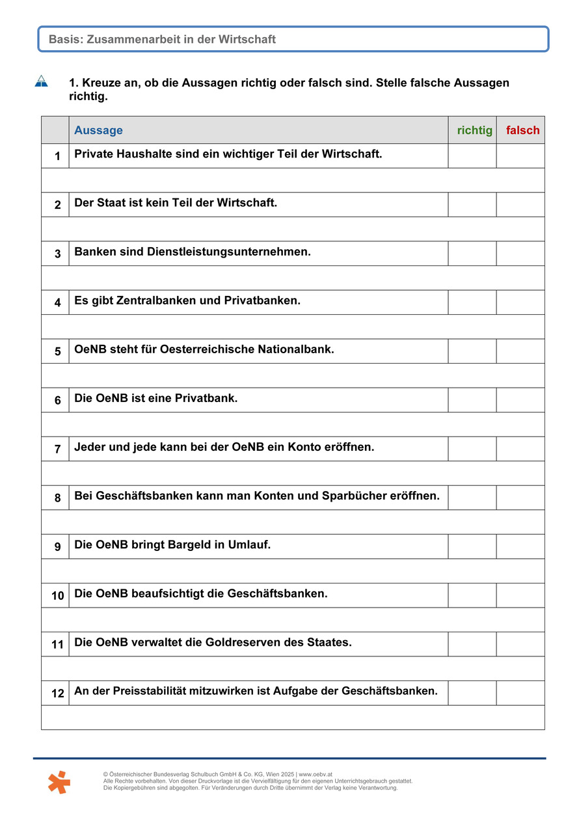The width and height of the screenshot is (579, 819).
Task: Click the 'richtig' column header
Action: point(474,130)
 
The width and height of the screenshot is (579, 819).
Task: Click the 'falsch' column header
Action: point(522,130)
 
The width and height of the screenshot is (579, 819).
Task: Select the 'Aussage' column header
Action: point(98,130)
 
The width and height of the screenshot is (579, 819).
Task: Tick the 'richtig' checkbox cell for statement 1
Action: point(472,155)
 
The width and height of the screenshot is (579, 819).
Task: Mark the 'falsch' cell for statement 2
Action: point(520,204)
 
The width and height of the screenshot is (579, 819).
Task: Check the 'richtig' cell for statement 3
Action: point(472,253)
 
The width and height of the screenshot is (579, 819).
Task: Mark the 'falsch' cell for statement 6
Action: point(520,400)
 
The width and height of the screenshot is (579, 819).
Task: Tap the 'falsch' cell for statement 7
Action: point(520,449)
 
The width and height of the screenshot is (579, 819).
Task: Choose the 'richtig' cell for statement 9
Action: point(472,546)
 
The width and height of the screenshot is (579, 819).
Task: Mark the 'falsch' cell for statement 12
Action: point(520,693)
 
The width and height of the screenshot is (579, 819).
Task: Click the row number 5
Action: point(57,351)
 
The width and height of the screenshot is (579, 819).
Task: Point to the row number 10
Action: point(57,595)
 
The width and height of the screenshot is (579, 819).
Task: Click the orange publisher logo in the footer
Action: point(59,781)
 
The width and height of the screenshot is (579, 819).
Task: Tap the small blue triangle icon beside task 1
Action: point(42,81)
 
